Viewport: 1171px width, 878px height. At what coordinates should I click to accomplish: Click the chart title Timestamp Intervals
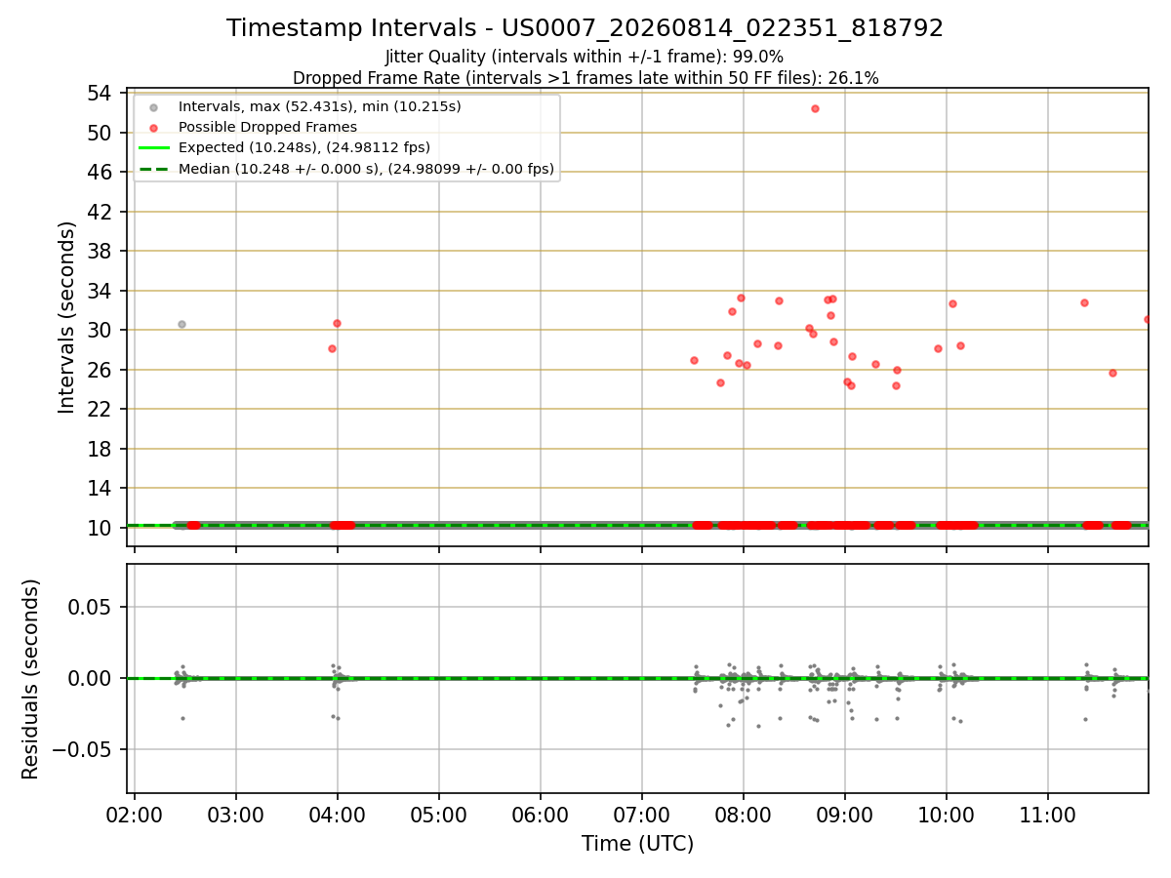pyautogui.click(x=351, y=27)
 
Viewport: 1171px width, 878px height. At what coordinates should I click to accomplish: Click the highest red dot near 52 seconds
pyautogui.click(x=815, y=108)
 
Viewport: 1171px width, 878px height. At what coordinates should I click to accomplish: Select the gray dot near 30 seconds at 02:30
pyautogui.click(x=182, y=324)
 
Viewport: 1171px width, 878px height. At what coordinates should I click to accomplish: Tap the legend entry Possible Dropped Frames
pyautogui.click(x=267, y=127)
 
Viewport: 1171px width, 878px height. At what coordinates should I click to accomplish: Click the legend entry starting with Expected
pyautogui.click(x=304, y=147)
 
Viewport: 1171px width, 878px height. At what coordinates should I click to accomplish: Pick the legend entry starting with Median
pyautogui.click(x=366, y=169)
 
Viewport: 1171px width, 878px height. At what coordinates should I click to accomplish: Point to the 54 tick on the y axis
pyautogui.click(x=100, y=94)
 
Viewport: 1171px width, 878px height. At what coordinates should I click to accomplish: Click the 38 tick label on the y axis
pyautogui.click(x=100, y=251)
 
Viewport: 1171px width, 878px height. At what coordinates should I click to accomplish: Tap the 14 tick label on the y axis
pyautogui.click(x=100, y=488)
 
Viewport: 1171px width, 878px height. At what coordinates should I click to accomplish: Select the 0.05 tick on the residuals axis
pyautogui.click(x=89, y=607)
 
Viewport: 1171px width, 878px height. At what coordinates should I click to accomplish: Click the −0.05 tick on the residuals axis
pyautogui.click(x=82, y=749)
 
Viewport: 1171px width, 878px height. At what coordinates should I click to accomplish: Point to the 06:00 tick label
pyautogui.click(x=540, y=816)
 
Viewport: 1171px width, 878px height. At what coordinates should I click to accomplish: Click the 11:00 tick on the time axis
pyautogui.click(x=1048, y=816)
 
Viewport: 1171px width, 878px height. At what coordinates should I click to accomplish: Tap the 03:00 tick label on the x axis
pyautogui.click(x=236, y=816)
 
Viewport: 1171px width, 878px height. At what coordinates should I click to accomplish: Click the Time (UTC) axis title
pyautogui.click(x=637, y=844)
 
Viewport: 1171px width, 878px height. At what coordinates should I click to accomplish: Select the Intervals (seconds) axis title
pyautogui.click(x=66, y=318)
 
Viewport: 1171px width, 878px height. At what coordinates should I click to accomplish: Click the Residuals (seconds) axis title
pyautogui.click(x=30, y=679)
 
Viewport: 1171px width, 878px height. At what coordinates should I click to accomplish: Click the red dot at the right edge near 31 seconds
pyautogui.click(x=1148, y=319)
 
